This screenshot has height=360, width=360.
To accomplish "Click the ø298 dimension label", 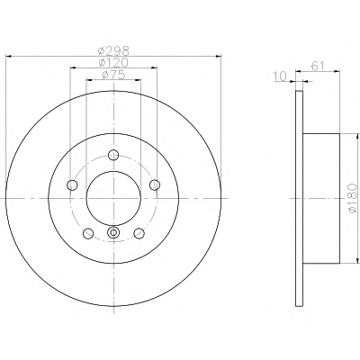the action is [x=113, y=50].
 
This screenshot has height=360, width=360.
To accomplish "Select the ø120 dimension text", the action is [x=113, y=62].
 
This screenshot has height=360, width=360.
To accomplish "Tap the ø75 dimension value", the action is [x=113, y=75].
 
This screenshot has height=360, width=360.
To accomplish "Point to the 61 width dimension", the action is [x=318, y=66].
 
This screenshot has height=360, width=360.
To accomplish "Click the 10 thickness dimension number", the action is [x=281, y=76].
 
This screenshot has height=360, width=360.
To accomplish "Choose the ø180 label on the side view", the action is [x=354, y=199].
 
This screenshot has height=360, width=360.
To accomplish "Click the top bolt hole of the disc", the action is [x=113, y=155].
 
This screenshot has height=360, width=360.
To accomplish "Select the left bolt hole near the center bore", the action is [x=72, y=184].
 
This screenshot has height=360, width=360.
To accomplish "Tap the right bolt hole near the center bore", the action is [x=155, y=184].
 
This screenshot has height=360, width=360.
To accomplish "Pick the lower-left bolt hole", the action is [x=88, y=233].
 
